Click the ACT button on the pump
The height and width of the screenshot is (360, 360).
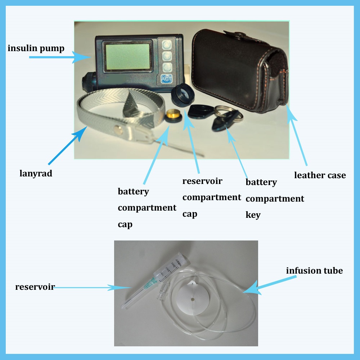166,79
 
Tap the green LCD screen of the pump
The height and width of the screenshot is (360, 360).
128,57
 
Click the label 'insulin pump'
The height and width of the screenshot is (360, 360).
36,49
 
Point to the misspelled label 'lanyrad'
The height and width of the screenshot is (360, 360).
36,174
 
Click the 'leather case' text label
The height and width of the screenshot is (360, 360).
320,175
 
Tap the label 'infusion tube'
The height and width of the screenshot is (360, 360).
314,271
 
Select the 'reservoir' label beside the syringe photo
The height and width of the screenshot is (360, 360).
35,287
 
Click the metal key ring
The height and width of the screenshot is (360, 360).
227,113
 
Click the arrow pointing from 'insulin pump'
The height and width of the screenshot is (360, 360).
60,57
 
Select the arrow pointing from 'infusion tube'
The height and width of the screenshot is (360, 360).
270,285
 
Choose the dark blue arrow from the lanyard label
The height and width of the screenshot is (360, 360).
68,145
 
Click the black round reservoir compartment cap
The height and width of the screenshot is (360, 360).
183,95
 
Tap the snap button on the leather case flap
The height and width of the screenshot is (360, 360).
241,35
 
